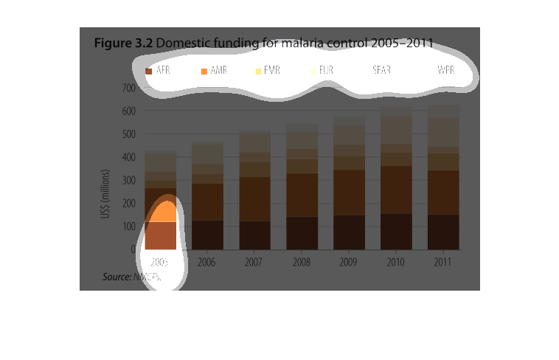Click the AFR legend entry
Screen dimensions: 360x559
[x=159, y=71]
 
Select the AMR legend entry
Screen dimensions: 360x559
[x=214, y=71]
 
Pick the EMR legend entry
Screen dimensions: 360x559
[x=267, y=71]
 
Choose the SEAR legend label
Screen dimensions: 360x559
[x=382, y=71]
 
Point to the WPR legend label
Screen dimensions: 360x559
[x=445, y=71]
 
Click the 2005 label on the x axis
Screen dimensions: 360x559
[x=160, y=262]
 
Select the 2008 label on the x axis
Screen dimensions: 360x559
[x=302, y=262]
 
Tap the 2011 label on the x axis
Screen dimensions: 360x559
[x=443, y=262]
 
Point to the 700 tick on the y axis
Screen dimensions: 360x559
[x=128, y=88]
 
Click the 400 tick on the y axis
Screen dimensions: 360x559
[x=128, y=157]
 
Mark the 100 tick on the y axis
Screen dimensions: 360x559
[x=128, y=226]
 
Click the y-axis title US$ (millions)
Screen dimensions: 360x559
[x=106, y=194]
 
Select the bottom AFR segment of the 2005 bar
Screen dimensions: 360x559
[x=161, y=235]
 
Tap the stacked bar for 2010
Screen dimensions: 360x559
[x=396, y=178]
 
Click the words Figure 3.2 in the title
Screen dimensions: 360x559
[x=123, y=43]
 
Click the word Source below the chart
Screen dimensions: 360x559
[x=116, y=277]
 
